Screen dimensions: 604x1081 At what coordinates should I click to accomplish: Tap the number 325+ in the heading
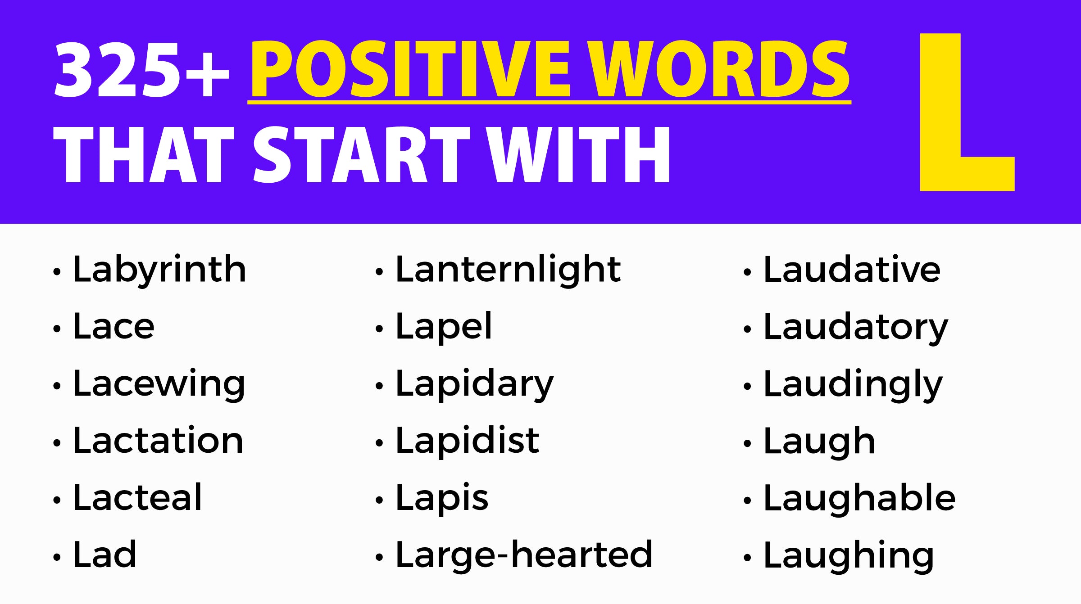coord(141,70)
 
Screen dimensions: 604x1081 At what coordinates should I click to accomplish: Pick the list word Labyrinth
coord(159,270)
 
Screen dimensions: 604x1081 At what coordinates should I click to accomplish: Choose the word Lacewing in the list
coord(159,384)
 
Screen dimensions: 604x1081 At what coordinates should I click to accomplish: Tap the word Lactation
coord(158,441)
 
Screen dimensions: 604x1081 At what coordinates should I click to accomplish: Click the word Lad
coord(104,555)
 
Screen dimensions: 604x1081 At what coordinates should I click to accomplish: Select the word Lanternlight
coord(508,270)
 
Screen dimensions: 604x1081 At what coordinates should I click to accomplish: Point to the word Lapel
coord(444,327)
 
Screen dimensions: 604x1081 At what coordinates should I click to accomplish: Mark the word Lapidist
coord(467,441)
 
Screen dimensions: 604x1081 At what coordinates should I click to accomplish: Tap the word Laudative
coord(852,270)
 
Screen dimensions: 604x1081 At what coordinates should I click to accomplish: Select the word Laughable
coord(859,499)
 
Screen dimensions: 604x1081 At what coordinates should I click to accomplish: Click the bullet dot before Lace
coord(57,329)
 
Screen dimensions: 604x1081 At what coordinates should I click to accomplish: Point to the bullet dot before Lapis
coord(379,500)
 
